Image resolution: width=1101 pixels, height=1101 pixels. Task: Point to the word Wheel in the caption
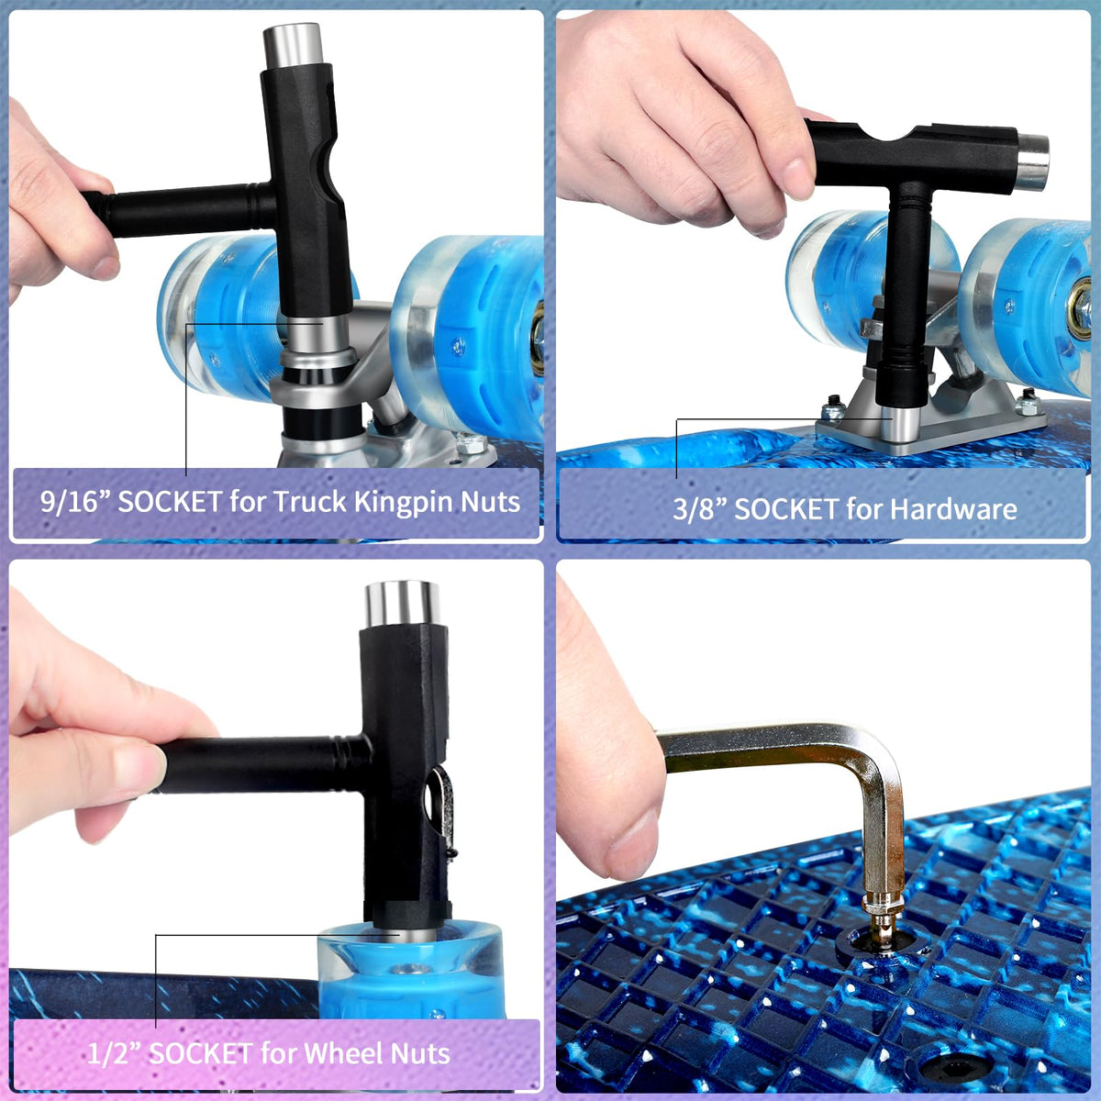[338, 1053]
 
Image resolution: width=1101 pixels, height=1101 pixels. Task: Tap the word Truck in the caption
[311, 502]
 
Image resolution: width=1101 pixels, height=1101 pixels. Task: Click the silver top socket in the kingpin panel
[293, 46]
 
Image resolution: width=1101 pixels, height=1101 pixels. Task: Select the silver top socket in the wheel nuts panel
[403, 604]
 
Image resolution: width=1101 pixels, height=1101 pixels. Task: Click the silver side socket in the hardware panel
[1033, 162]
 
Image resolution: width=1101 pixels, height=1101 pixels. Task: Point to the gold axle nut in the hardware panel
[1080, 308]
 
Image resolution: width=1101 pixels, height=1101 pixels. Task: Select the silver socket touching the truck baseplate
[900, 424]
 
